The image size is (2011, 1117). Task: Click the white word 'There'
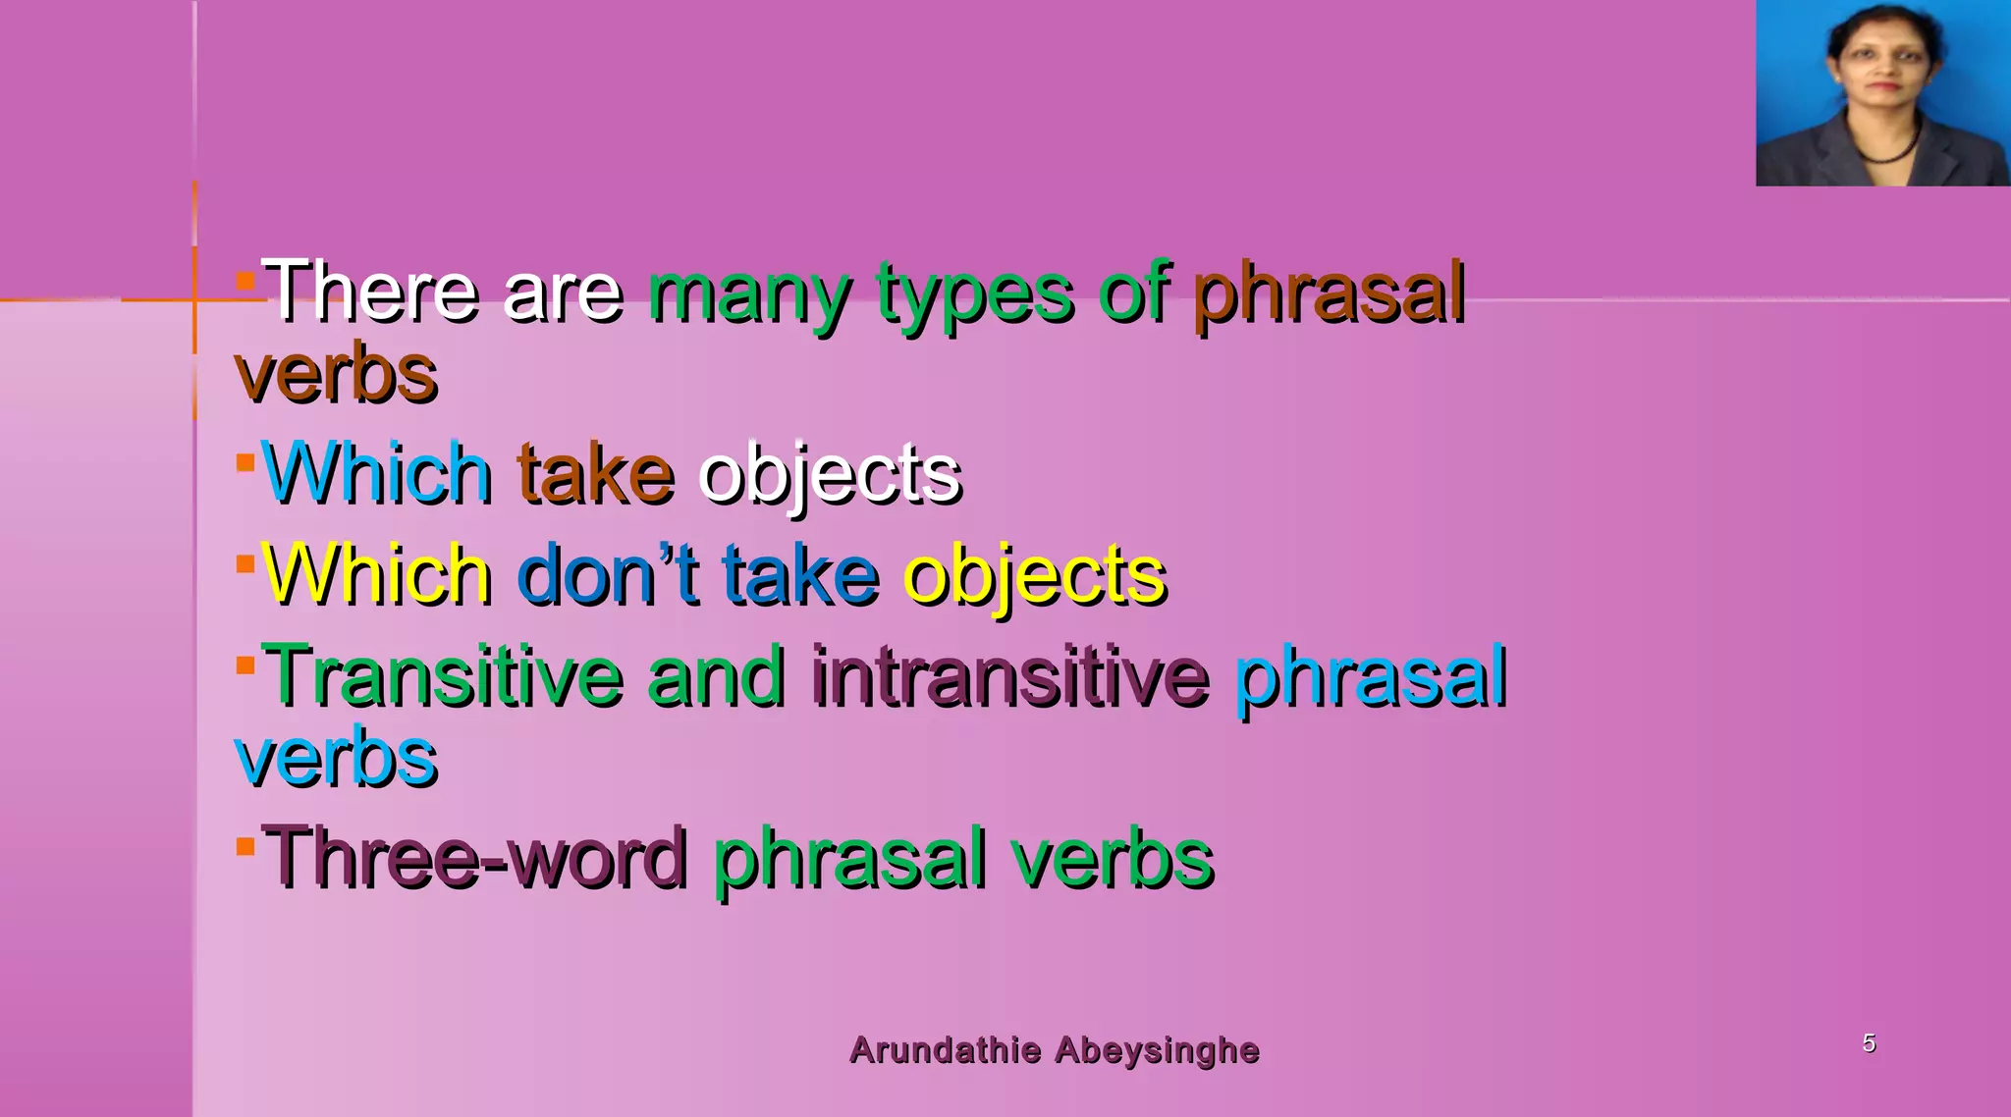click(371, 292)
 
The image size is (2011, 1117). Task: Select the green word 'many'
click(750, 293)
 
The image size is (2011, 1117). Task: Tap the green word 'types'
click(975, 293)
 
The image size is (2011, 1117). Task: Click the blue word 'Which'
click(377, 474)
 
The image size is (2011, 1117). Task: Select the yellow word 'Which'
click(377, 575)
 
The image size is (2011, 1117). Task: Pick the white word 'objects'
click(830, 476)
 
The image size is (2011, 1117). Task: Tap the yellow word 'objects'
click(1035, 577)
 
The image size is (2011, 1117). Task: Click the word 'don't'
click(608, 575)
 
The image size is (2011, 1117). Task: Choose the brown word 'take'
click(596, 474)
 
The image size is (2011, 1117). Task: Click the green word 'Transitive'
click(443, 676)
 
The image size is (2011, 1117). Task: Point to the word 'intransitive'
click(1010, 676)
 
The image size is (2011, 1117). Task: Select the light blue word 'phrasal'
click(1371, 678)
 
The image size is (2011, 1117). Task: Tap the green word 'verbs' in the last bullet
click(1113, 859)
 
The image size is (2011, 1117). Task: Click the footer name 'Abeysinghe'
click(1157, 1050)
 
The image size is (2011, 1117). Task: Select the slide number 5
click(1869, 1043)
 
